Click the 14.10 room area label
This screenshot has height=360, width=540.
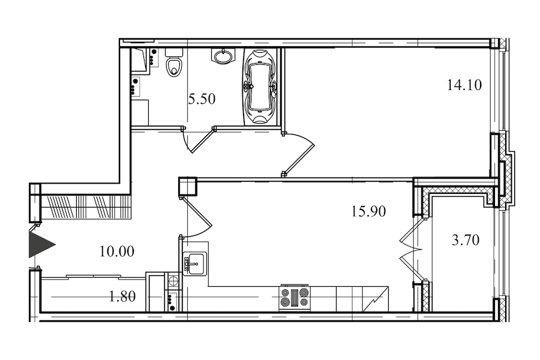(x=464, y=85)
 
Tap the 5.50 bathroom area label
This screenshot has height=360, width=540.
(x=202, y=99)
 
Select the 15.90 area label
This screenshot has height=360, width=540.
(x=368, y=211)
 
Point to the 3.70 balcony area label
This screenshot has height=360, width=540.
(x=466, y=240)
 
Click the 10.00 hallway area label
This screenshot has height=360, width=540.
(x=117, y=251)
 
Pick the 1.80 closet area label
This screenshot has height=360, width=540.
(x=122, y=296)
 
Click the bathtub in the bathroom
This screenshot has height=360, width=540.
(x=260, y=86)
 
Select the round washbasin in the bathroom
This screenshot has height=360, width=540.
(x=223, y=56)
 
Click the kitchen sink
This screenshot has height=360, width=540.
(x=194, y=263)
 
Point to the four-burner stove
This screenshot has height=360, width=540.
(x=295, y=298)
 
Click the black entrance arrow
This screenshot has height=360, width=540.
(x=41, y=245)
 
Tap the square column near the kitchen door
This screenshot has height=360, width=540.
(x=188, y=187)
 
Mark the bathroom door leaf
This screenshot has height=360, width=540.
(x=202, y=140)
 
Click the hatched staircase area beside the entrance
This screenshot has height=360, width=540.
(x=86, y=206)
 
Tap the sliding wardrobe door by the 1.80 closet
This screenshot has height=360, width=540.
(x=94, y=276)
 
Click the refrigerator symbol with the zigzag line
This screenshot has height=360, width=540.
(x=376, y=299)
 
